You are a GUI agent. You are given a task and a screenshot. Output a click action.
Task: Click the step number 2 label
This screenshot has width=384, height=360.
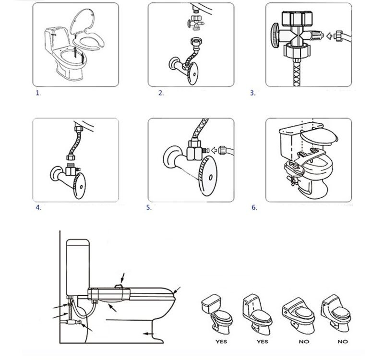point(161,93)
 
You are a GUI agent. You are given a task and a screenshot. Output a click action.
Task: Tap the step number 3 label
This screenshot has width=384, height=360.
point(253,93)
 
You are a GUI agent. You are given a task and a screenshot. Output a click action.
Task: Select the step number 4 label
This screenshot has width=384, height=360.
point(38,208)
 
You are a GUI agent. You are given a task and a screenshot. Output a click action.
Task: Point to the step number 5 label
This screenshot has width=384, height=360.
point(149,208)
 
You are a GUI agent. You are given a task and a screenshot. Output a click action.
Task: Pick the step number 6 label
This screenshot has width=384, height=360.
point(254,208)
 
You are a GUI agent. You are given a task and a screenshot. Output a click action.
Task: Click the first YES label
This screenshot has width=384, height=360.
point(221,342)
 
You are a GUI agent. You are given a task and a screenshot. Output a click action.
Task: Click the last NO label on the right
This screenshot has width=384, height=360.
point(342,342)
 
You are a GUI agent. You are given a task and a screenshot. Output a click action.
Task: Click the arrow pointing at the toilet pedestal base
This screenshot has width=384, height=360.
point(148,332)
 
